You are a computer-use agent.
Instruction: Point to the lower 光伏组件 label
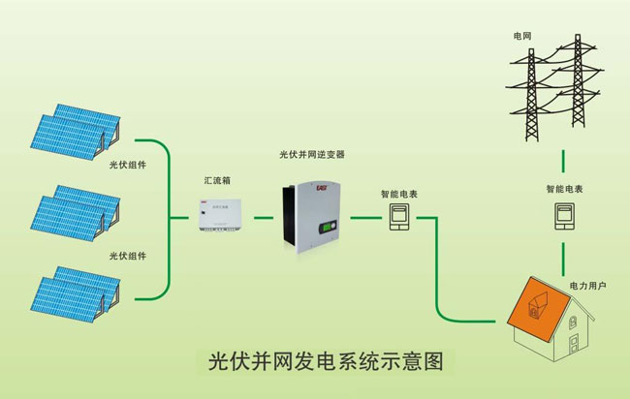point(127,255)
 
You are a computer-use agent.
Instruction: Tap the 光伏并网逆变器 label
point(311,154)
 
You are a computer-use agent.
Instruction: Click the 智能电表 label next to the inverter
point(399,195)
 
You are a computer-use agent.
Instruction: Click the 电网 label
point(522,36)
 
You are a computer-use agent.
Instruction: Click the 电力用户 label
point(587,286)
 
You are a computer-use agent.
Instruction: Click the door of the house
point(579,343)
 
